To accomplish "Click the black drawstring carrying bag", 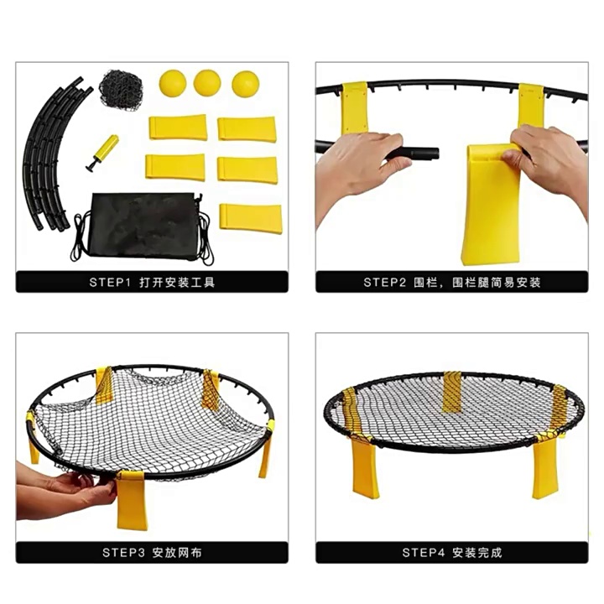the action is pos(144,226).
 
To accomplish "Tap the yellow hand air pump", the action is pos(102,153).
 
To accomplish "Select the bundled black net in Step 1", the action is pos(121,90).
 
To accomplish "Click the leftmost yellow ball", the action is pos(173,83).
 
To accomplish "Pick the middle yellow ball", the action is pos(207,83).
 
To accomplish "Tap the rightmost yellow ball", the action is pos(245,85).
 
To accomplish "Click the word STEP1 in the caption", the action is pos(110,283).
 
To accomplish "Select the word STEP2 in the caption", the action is pos(384,283).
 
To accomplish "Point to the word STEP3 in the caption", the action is pos(123,553).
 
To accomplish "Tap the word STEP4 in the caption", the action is pos(424,553).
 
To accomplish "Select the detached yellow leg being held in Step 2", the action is pos(490,204).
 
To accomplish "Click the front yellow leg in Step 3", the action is pos(132,500).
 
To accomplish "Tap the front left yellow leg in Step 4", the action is pos(365,468).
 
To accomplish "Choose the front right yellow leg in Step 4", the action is pos(545,467).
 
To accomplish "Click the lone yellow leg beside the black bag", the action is pos(251,219).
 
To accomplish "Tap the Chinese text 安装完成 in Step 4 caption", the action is pos(477,553).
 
